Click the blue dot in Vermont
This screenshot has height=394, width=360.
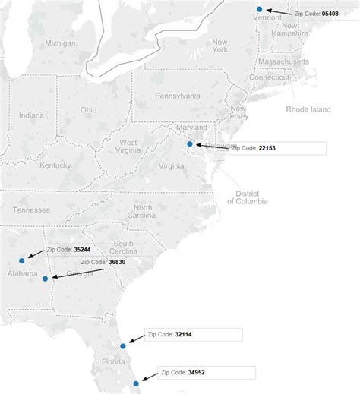click(x=259, y=9)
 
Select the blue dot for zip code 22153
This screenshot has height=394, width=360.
click(x=190, y=143)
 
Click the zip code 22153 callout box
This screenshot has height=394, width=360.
click(x=276, y=149)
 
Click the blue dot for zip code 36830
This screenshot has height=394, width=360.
click(x=46, y=278)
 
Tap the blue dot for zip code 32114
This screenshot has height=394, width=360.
click(x=123, y=346)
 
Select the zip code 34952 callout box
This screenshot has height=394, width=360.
click(x=205, y=373)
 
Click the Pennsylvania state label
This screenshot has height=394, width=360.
click(x=177, y=96)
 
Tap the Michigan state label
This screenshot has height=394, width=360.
click(x=60, y=43)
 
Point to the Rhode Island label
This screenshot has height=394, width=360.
click(x=308, y=109)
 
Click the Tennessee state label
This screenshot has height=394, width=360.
click(x=31, y=210)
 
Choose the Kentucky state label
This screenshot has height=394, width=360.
click(x=55, y=165)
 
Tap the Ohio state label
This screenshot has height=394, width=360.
click(x=89, y=110)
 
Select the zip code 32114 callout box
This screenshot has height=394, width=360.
click(x=194, y=334)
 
